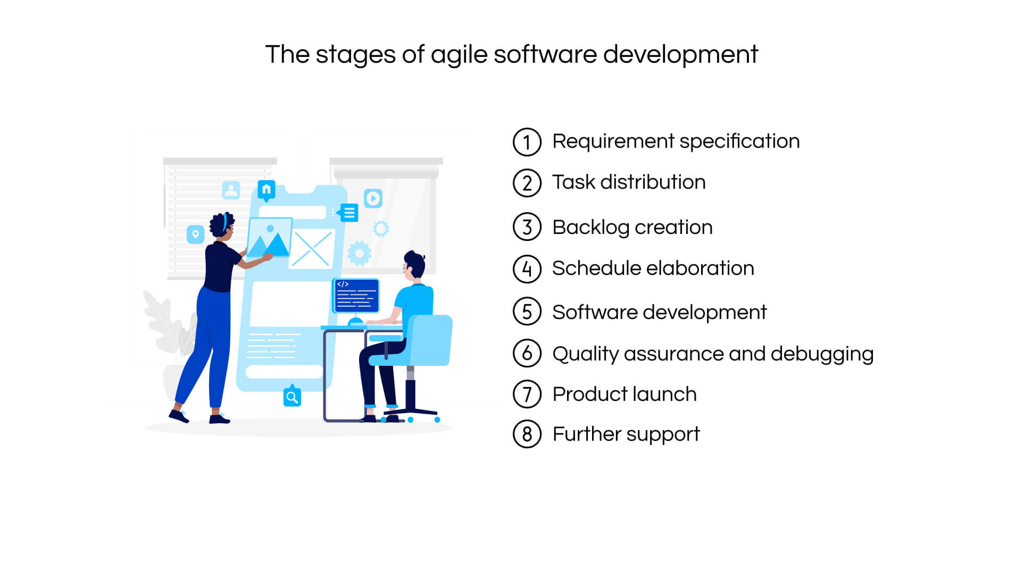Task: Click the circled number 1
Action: point(527,142)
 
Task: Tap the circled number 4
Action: point(527,269)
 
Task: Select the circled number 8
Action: point(527,434)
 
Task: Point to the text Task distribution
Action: point(628,182)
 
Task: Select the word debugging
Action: point(822,354)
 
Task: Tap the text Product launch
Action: point(624,395)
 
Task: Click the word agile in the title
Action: point(459,55)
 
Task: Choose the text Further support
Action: point(626,434)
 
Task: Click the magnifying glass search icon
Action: point(292,397)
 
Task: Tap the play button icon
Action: point(373,198)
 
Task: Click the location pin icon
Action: point(195,234)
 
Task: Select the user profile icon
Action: point(231,190)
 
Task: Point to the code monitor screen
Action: point(356,296)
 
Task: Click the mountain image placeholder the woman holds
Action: point(269,238)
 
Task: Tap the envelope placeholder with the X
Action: point(312,249)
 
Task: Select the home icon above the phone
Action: point(266,189)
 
